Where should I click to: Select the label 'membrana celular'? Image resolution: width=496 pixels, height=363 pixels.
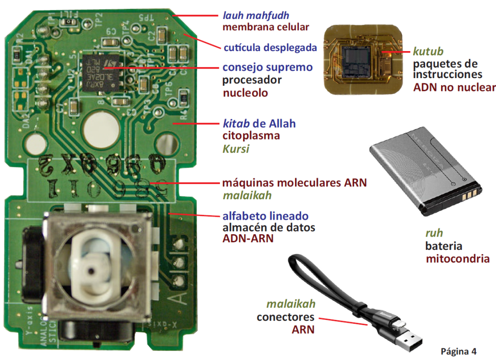266,27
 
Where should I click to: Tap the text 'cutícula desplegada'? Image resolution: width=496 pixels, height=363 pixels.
270,48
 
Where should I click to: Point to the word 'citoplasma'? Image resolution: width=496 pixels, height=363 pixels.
251,136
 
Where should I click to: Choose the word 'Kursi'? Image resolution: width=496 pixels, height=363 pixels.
236,149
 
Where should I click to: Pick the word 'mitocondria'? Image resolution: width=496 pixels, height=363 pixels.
457,258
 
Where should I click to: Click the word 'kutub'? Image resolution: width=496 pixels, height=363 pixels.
428,51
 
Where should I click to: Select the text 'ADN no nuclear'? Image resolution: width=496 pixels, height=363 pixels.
454,87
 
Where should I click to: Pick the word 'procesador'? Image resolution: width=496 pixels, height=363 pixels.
252,80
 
